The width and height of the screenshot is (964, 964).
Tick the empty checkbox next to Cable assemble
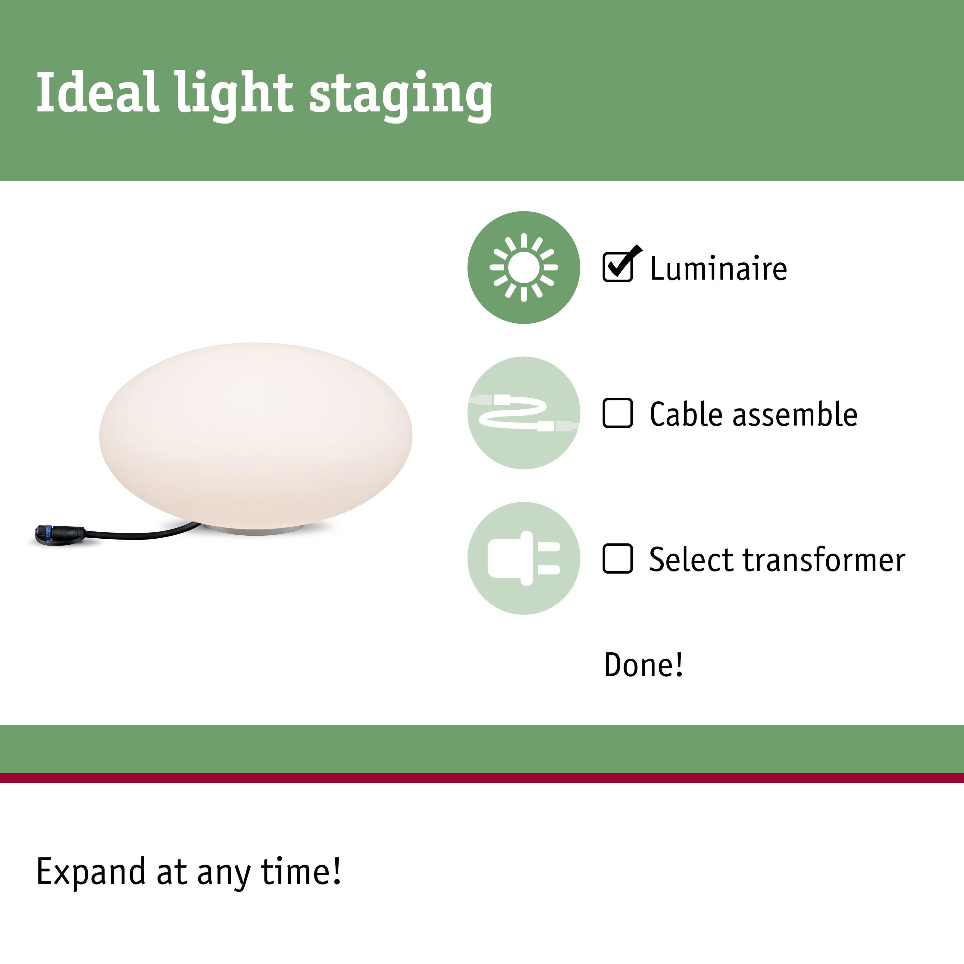pos(618,413)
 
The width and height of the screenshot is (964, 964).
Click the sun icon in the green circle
pos(523,268)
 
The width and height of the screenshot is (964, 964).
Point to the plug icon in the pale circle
pos(523,558)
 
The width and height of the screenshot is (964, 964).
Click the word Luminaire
pos(718,268)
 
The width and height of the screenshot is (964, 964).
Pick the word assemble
pos(795,414)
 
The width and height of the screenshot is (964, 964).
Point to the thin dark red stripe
pos(482,778)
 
